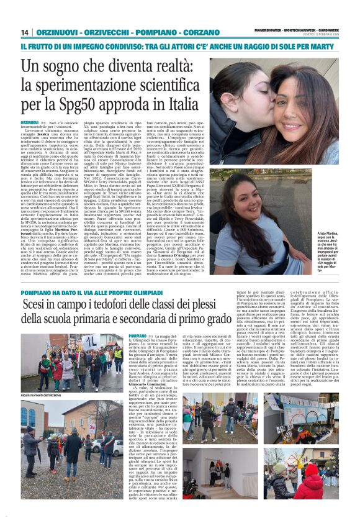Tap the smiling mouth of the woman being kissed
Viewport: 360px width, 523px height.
tap(308, 114)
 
